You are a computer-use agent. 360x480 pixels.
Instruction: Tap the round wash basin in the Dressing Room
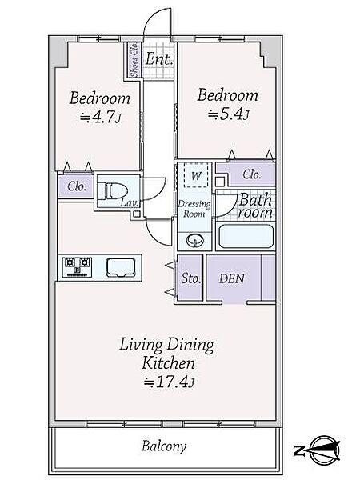(194, 240)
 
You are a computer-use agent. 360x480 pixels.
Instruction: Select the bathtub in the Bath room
(246, 236)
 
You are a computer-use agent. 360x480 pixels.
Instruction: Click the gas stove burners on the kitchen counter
(77, 267)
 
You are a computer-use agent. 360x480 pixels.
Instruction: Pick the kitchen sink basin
(121, 267)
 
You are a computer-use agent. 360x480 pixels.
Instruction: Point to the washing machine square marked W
(196, 174)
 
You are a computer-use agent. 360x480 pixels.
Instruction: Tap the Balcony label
(164, 446)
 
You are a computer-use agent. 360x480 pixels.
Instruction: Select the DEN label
(232, 278)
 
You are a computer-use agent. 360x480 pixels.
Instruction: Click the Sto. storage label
(190, 278)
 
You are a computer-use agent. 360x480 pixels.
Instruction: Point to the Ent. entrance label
(159, 58)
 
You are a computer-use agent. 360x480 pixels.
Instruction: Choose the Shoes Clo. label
(134, 60)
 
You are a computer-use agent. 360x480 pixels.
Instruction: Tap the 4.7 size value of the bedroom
(101, 117)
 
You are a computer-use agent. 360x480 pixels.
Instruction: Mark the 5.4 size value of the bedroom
(228, 114)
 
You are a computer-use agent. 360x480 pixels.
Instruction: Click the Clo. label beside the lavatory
(77, 186)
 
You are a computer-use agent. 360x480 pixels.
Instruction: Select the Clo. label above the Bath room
(252, 174)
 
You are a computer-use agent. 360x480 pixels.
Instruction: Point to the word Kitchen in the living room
(168, 363)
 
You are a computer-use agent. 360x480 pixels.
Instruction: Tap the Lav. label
(130, 202)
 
